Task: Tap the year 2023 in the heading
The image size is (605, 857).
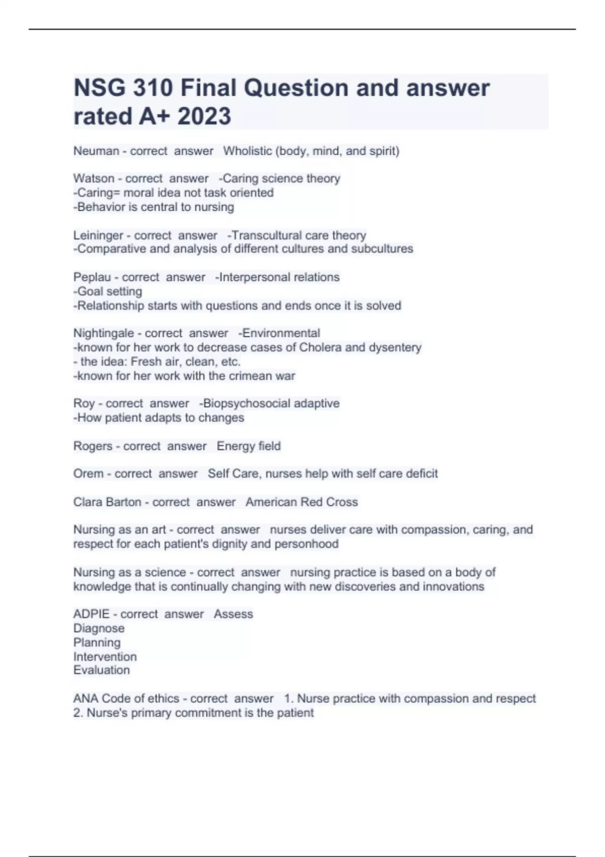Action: click(x=204, y=116)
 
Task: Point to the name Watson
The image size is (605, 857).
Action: click(x=94, y=178)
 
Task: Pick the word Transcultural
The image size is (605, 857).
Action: click(x=264, y=235)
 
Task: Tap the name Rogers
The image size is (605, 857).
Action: click(x=93, y=446)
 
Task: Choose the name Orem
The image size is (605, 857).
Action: click(x=88, y=474)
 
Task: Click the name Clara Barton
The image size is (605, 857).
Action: click(x=107, y=502)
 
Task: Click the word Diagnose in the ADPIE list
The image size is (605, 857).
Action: click(x=99, y=628)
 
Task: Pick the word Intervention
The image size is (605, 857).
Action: click(x=105, y=657)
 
